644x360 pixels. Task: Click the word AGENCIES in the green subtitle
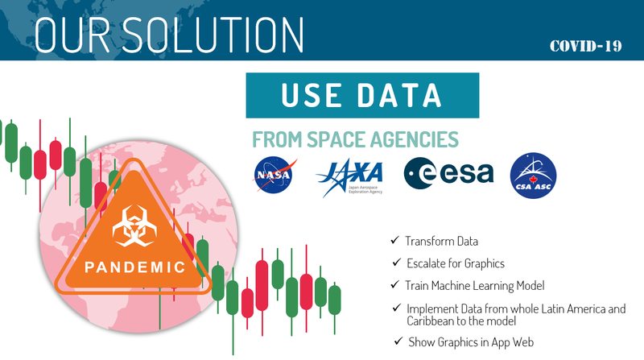419,139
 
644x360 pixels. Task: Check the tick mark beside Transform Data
394,241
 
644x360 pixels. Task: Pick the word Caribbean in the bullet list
432,320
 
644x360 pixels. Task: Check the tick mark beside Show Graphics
398,341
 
